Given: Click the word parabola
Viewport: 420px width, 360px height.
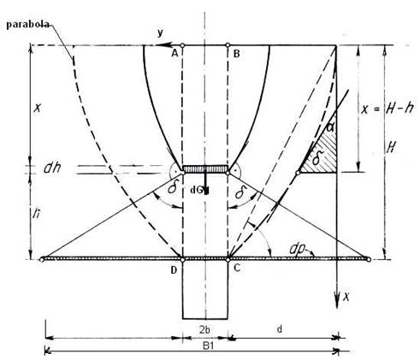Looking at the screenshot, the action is pos(27,25).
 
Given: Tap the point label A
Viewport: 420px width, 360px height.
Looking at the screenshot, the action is pos(175,53).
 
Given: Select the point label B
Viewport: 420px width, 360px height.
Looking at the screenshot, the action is pos(236,54).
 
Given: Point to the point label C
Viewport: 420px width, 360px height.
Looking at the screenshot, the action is pos(237,268).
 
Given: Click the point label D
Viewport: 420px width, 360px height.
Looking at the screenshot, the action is pos(174,270).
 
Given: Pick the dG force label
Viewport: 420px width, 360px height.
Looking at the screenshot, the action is pos(197,191).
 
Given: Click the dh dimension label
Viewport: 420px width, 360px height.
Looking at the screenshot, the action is pos(52,168).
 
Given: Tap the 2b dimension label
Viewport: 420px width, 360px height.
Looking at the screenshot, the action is pos(204,330).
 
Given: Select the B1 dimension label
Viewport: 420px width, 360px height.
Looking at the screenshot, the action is pos(209,346).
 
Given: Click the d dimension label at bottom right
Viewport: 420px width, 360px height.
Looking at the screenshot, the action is pos(280,329).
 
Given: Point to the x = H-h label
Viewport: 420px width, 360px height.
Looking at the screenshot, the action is pos(387,109).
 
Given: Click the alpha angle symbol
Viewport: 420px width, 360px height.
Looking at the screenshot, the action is pos(330,127).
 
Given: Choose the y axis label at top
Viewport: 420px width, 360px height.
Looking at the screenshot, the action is pos(160,33).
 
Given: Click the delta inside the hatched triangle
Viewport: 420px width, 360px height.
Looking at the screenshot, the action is pos(316,158).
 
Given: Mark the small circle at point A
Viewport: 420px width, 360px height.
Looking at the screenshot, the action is pos(182,45).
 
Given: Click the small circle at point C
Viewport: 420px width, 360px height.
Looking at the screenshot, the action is pos(228,260).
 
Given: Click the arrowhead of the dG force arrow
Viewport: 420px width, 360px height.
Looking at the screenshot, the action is pos(206,191).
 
